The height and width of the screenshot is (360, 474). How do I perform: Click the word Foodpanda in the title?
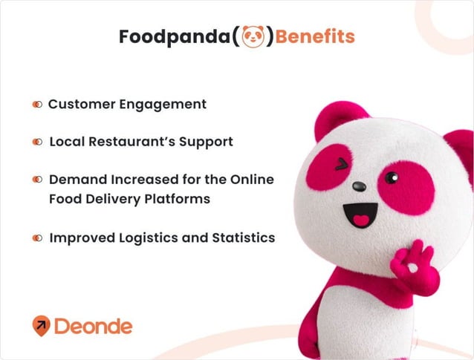[x=174, y=36]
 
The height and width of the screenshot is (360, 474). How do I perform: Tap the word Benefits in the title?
[x=315, y=36]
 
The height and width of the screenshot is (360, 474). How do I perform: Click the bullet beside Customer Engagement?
[x=37, y=105]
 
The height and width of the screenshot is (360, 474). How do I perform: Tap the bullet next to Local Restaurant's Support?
[x=37, y=142]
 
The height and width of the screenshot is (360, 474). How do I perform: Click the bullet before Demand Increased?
[x=37, y=180]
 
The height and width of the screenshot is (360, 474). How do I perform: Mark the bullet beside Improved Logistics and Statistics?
[x=37, y=238]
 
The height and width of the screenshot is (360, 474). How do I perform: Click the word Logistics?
[x=152, y=238]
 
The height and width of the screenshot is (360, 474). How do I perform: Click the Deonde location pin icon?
[x=42, y=325]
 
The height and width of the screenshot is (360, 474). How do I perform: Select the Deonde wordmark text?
[x=94, y=325]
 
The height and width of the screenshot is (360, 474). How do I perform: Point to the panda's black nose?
[x=359, y=186]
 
